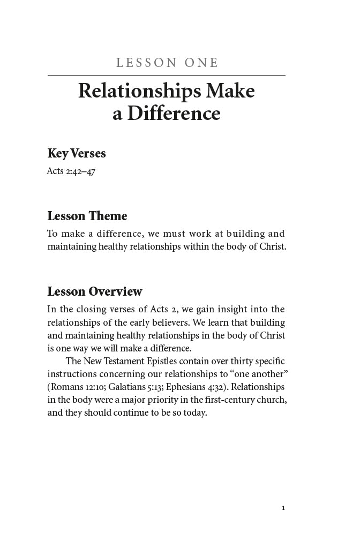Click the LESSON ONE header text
point(167,63)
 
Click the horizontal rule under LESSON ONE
point(166,76)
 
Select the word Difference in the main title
point(174,114)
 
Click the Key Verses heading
point(77,154)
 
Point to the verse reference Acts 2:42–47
point(71,172)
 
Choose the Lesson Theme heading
point(87,216)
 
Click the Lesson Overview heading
point(95,292)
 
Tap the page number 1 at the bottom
point(283,507)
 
